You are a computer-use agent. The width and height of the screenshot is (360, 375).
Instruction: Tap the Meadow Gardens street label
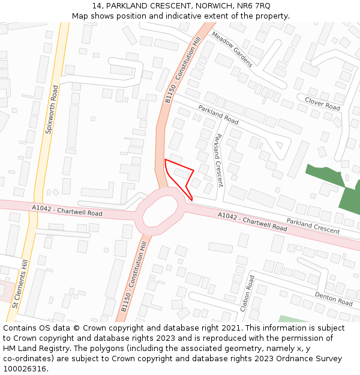click(232, 49)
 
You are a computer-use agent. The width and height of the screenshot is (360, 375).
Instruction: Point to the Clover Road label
click(322, 104)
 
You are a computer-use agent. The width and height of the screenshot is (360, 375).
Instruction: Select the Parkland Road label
click(218, 115)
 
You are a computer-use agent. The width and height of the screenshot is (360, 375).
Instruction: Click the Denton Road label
click(333, 298)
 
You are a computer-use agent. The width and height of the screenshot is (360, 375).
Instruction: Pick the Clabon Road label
click(247, 293)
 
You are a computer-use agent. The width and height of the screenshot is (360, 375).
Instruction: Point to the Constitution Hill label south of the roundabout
click(134, 276)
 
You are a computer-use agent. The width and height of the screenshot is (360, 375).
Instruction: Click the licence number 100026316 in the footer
click(24, 369)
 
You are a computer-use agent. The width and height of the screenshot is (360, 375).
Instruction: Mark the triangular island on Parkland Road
click(277, 144)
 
